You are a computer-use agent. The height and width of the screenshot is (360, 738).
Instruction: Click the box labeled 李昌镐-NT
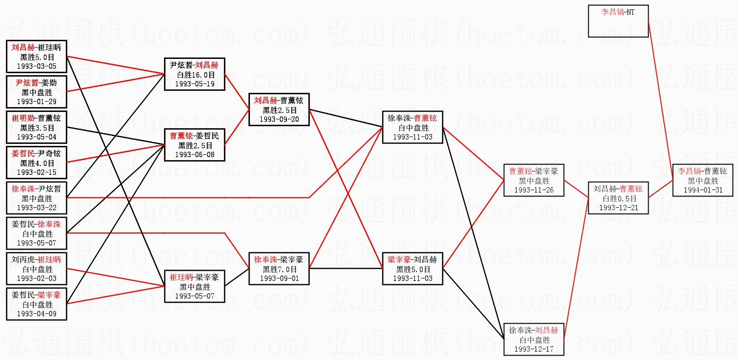[x=618, y=21]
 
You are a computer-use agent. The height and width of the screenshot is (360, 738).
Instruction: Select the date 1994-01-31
[x=703, y=190]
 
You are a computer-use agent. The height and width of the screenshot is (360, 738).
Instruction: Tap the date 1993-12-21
[x=618, y=208]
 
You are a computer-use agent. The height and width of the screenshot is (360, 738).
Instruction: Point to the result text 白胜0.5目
[x=618, y=199]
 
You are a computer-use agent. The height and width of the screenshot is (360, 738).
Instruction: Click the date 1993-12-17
[x=534, y=349]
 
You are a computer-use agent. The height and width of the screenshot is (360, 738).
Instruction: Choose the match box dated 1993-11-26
[x=534, y=180]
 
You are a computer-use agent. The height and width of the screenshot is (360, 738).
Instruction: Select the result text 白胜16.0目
[x=195, y=75]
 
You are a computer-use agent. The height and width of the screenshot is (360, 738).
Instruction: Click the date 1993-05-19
[x=195, y=83]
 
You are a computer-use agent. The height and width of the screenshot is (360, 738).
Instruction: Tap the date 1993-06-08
[x=195, y=154]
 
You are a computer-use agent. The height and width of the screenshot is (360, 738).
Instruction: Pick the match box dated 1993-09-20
[x=279, y=110]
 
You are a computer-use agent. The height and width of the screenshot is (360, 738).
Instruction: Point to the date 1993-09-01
[x=279, y=278]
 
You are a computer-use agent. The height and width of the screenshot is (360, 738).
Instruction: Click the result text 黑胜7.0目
[x=279, y=269]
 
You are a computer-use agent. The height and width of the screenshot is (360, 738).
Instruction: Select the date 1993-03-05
[x=36, y=66]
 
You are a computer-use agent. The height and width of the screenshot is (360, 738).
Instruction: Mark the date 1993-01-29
[x=36, y=101]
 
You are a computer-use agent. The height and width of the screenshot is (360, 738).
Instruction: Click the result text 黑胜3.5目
[x=36, y=128]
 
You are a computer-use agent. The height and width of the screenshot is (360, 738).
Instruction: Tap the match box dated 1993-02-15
[x=36, y=163]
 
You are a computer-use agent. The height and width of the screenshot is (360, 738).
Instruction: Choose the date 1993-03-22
[x=36, y=208]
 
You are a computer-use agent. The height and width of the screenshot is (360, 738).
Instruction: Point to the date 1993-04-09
[x=36, y=313]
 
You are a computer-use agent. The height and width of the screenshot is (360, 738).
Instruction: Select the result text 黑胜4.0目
[x=36, y=163]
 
